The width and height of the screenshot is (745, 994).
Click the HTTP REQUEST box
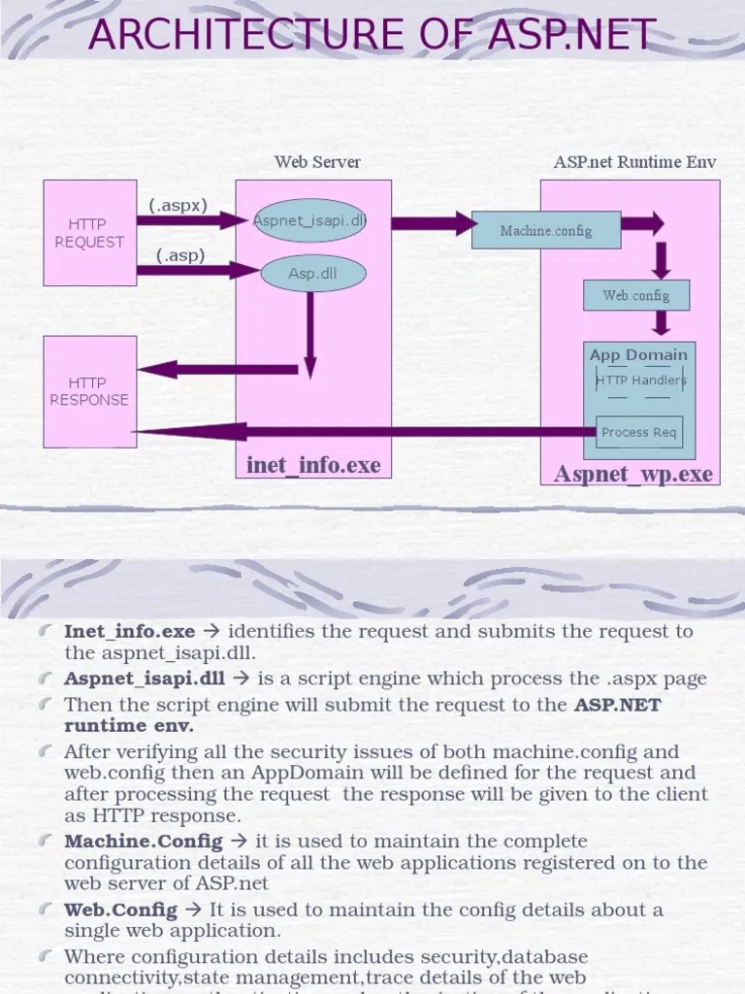coord(89,233)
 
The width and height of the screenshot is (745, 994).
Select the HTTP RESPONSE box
coord(89,391)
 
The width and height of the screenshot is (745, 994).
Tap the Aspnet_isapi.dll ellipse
coord(309,220)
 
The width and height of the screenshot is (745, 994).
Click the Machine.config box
coord(545,231)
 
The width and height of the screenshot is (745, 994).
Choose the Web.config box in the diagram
coord(636,295)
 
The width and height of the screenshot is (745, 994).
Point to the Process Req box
coord(639,433)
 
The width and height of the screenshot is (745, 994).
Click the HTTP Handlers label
coord(639,381)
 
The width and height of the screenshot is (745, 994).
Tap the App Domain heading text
coord(638,355)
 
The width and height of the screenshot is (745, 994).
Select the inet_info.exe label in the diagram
coord(313,466)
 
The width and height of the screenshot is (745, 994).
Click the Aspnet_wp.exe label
coord(632,474)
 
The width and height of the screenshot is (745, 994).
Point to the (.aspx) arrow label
coord(178,205)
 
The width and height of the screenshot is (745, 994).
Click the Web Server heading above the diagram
coord(317,162)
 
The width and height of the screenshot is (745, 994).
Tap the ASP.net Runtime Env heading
coord(634,162)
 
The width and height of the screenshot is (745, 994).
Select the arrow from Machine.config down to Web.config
coord(662,259)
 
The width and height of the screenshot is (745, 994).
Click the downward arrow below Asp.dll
coord(309,335)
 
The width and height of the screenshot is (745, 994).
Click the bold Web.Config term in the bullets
coord(121,910)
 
